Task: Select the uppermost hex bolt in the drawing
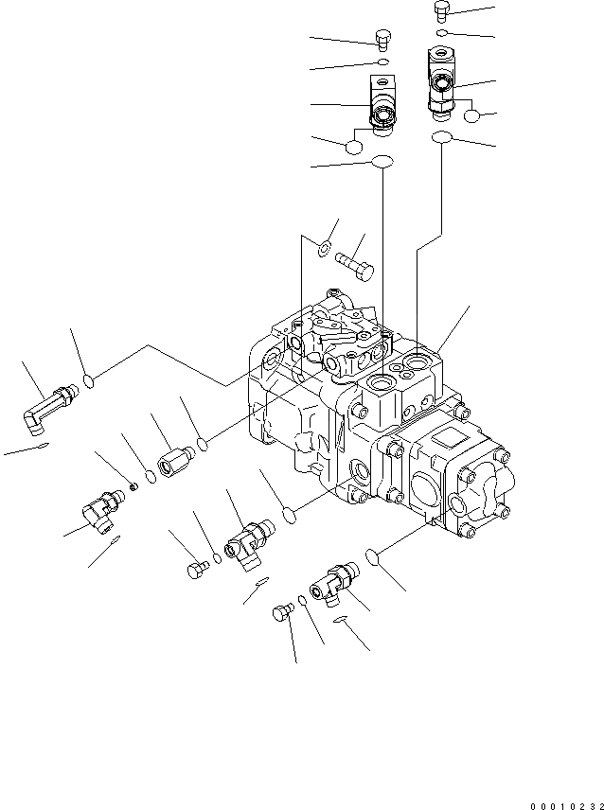point(440,10)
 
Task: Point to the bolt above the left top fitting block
point(382,39)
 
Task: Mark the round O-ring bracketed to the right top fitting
point(473,115)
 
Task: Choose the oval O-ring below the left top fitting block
point(382,163)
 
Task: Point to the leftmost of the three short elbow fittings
point(98,509)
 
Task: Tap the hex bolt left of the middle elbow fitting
point(196,569)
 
